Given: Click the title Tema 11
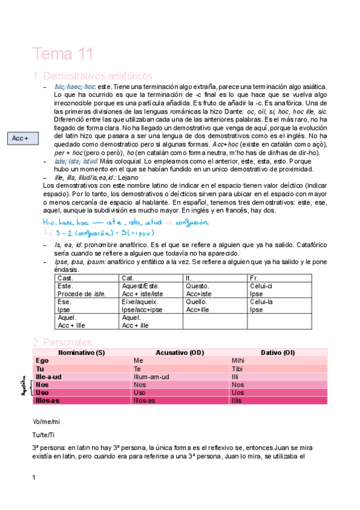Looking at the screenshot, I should pyautogui.click(x=63, y=54).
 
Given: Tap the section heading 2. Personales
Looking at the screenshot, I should pyautogui.click(x=63, y=342).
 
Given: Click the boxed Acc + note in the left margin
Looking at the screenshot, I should pyautogui.click(x=20, y=139).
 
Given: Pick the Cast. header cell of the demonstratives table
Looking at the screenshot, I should pyautogui.click(x=65, y=278).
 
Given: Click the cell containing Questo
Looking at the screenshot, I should pyautogui.click(x=198, y=286).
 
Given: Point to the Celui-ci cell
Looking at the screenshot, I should pyautogui.click(x=262, y=286).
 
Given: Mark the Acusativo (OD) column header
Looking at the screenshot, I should pyautogui.click(x=180, y=352).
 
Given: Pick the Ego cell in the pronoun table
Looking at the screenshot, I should pyautogui.click(x=43, y=360).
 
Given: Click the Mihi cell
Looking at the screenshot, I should pyautogui.click(x=239, y=360).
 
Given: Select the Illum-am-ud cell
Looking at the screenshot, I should pyautogui.click(x=151, y=376).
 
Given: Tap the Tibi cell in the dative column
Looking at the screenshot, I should pyautogui.click(x=238, y=369).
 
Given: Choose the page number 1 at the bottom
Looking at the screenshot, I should pyautogui.click(x=34, y=478).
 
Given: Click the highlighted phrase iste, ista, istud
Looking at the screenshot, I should pyautogui.click(x=76, y=162).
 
